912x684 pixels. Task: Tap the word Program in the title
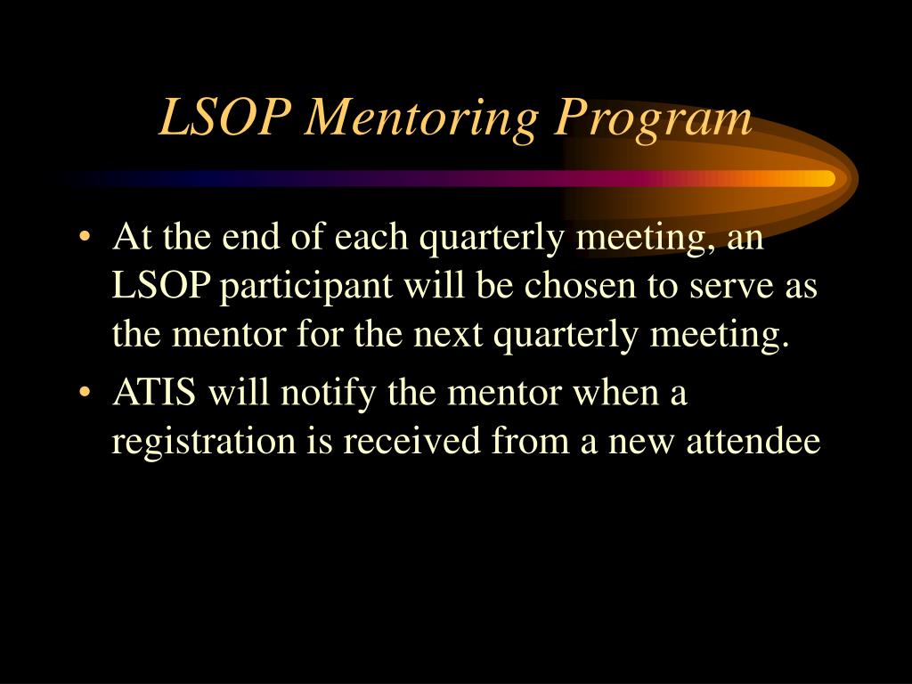click(x=652, y=120)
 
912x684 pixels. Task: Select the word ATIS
click(x=154, y=393)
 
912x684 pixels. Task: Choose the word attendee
click(x=753, y=441)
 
